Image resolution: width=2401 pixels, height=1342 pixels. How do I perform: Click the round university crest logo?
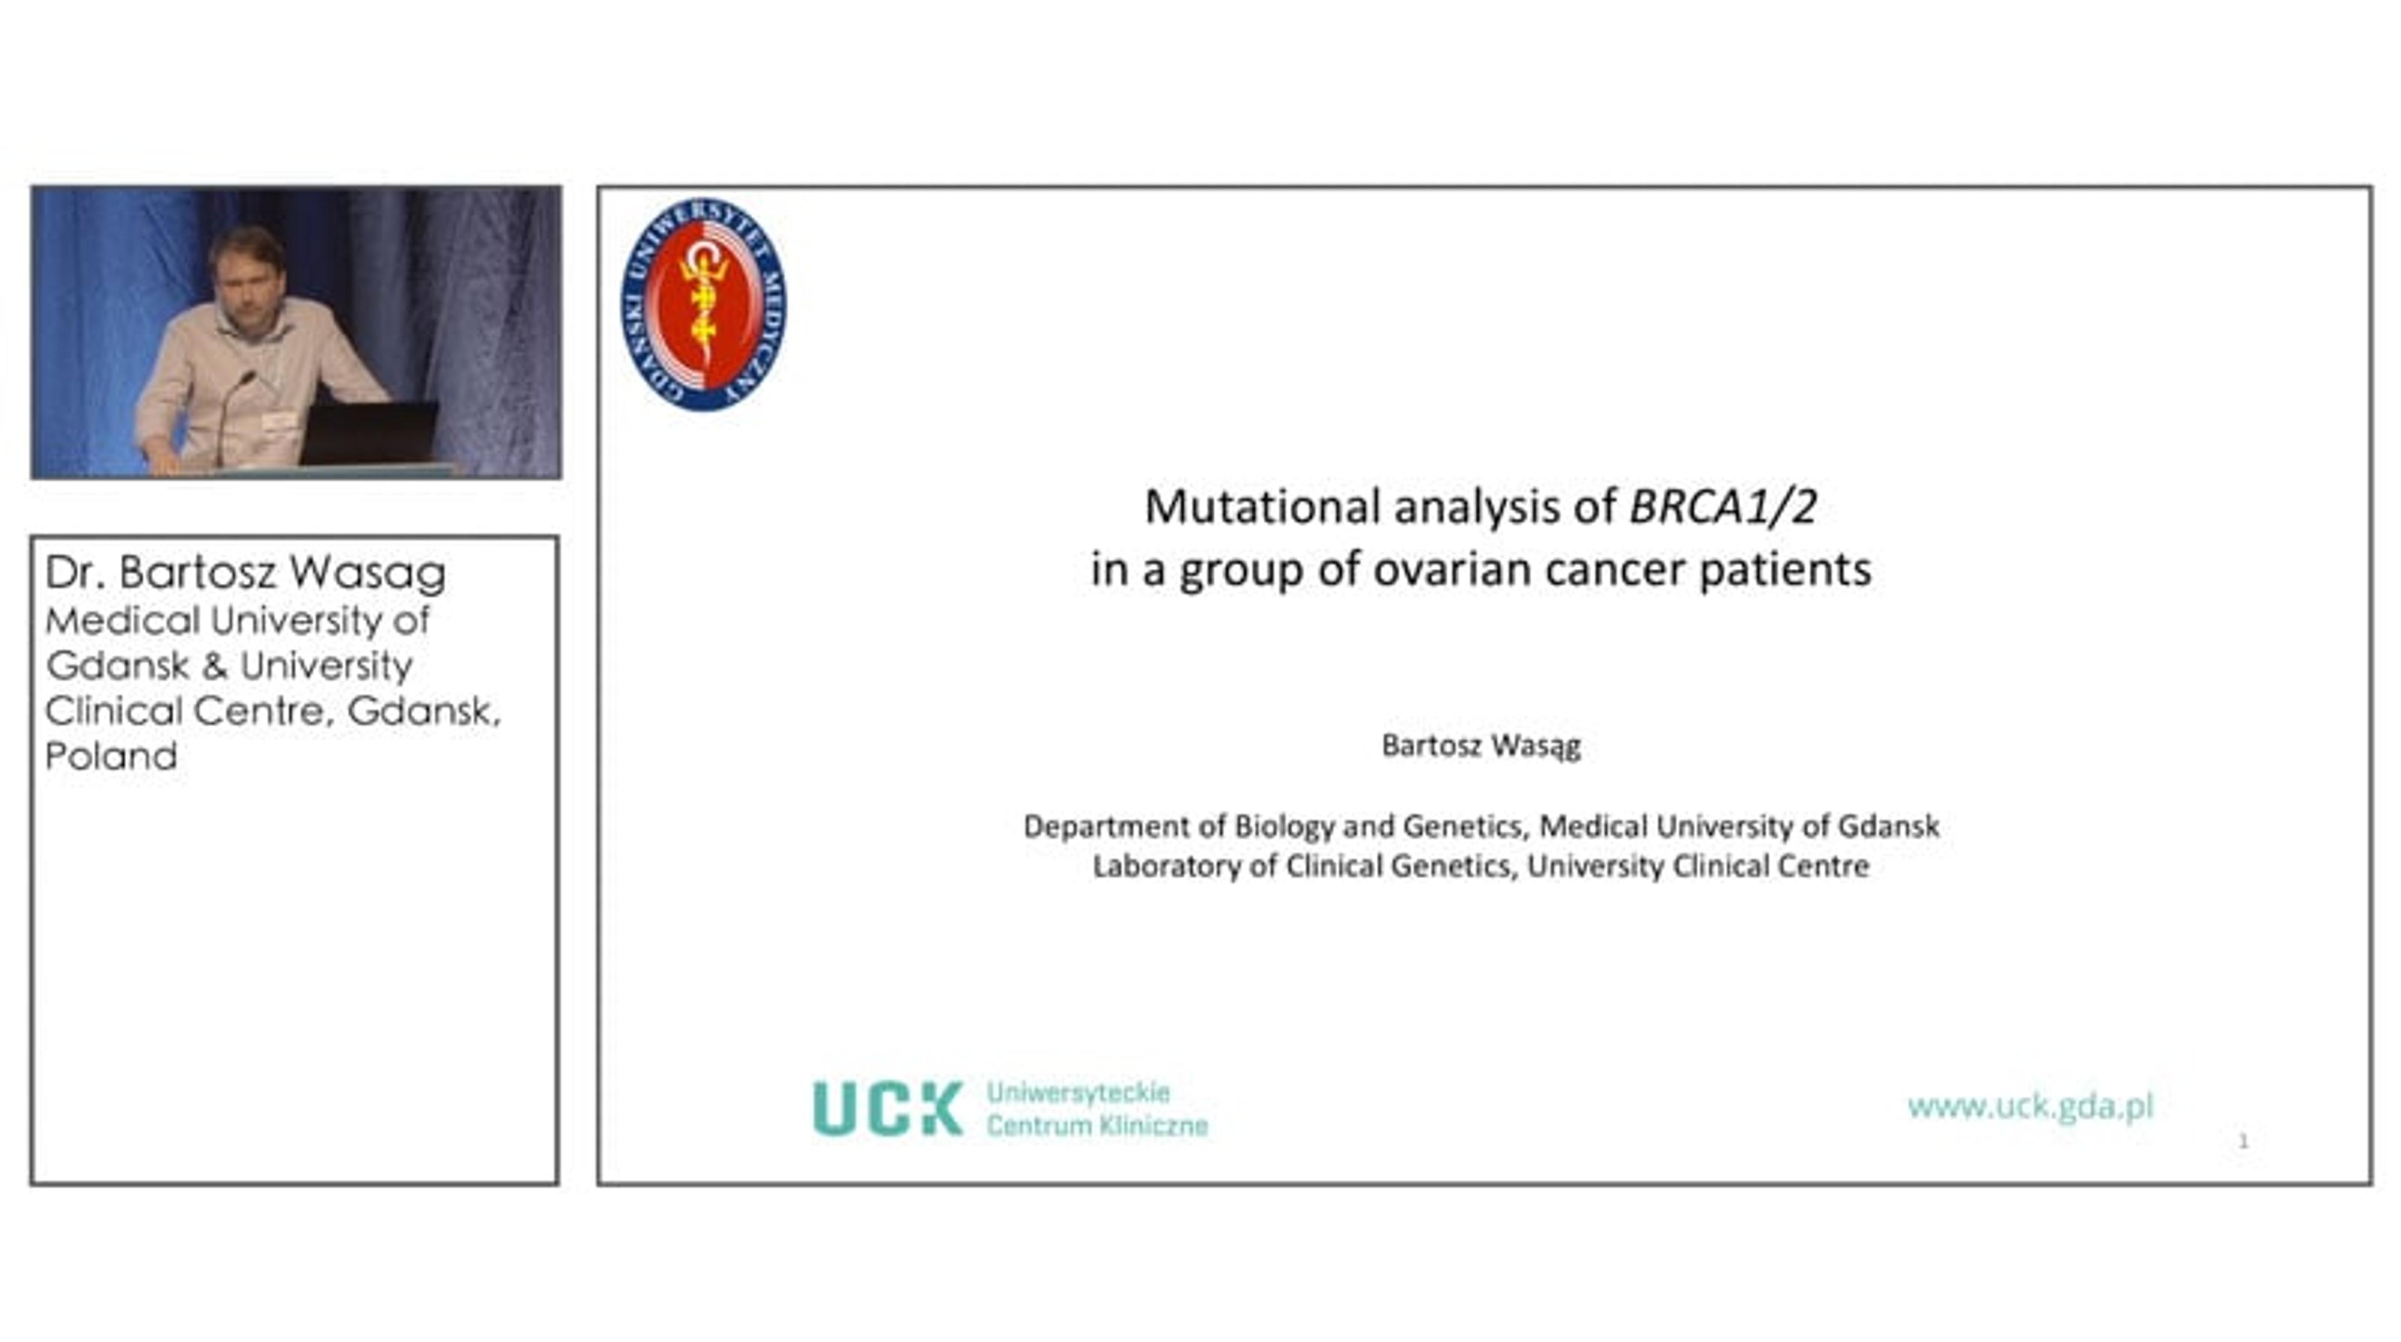(x=703, y=304)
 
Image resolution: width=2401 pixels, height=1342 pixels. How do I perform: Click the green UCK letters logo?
(x=887, y=1108)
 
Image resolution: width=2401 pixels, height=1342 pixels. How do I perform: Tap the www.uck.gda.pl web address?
(x=2031, y=1106)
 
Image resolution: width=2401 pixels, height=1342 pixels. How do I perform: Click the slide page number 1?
(x=2243, y=1141)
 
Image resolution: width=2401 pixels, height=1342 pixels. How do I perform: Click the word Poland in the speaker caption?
(x=111, y=756)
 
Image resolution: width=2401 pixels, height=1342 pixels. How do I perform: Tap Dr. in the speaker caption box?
(x=74, y=572)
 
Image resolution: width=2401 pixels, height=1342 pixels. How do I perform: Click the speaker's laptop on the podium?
(x=369, y=433)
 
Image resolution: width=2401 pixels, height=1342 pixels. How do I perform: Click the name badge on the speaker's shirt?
(x=279, y=421)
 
